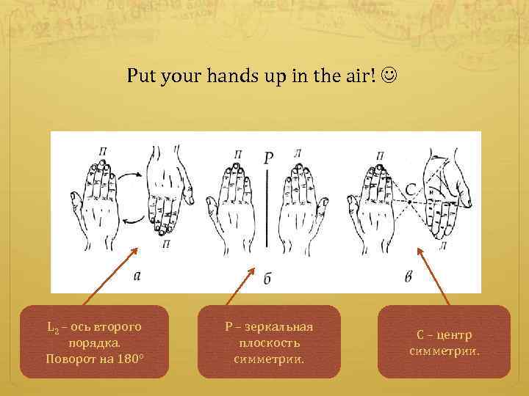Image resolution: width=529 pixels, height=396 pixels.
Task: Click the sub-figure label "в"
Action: click(x=409, y=276)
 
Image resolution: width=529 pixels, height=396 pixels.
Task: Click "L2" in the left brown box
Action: click(x=52, y=327)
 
